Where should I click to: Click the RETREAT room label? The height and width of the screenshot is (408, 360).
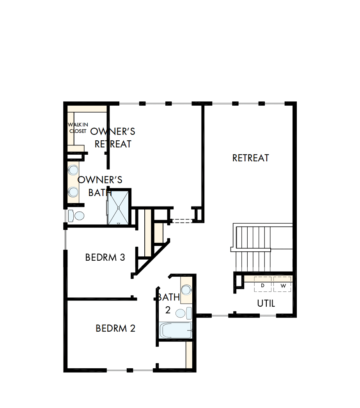click(250, 158)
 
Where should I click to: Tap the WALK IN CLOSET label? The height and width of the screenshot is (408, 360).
click(78, 128)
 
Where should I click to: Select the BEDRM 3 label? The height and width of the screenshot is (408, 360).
click(105, 258)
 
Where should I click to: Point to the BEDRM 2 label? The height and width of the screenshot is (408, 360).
click(115, 329)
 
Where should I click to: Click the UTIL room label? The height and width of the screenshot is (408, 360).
click(266, 304)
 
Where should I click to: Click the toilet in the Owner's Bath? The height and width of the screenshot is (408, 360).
click(77, 215)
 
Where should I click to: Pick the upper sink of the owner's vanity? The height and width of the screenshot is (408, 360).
click(73, 170)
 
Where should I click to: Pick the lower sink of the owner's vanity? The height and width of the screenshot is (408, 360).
click(73, 191)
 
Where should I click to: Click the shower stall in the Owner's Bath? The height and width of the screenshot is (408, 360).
click(118, 207)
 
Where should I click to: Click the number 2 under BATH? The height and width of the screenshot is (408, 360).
click(168, 310)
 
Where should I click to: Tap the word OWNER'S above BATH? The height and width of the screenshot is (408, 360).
click(100, 180)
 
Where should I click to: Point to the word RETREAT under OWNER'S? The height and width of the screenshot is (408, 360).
click(113, 144)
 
